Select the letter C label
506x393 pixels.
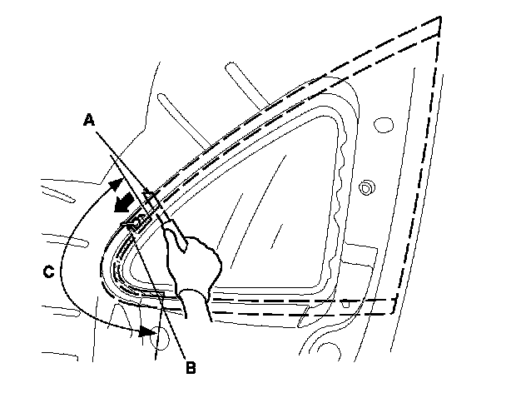pyautogui.click(x=49, y=270)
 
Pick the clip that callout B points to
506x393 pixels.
pyautogui.click(x=136, y=221)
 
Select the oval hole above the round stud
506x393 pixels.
pyautogui.click(x=383, y=125)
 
